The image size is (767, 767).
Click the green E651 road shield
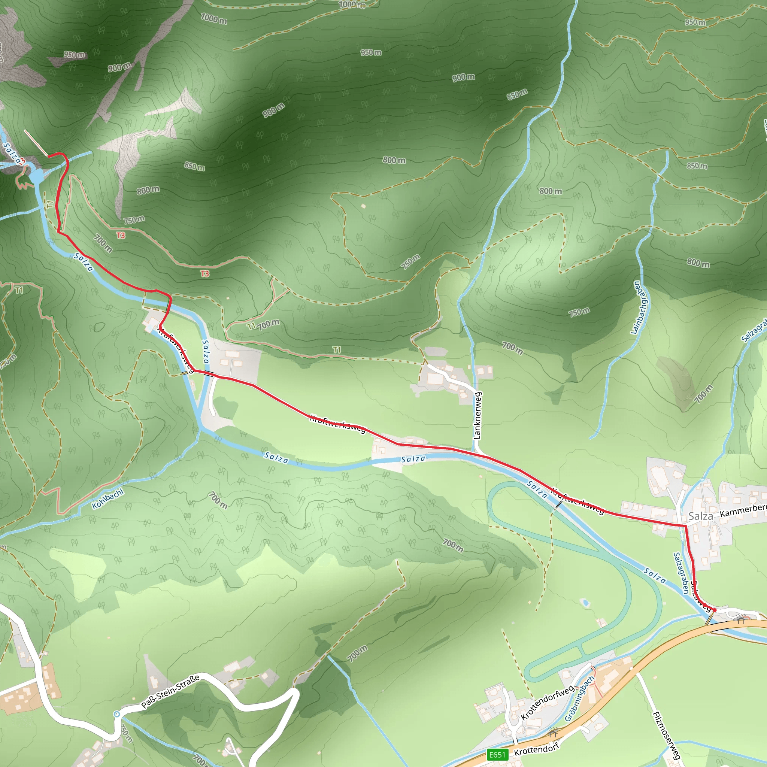click(497, 755)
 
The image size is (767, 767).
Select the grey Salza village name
click(700, 516)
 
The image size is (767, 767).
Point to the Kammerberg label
click(743, 510)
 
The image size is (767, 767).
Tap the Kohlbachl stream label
click(107, 499)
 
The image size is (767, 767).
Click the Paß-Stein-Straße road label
click(170, 691)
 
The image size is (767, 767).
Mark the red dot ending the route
click(714, 610)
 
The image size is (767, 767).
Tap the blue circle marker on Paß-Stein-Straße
click(116, 714)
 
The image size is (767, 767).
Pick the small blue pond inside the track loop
click(585, 603)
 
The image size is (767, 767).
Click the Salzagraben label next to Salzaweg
click(681, 573)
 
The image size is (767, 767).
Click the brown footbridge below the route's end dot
click(709, 619)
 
